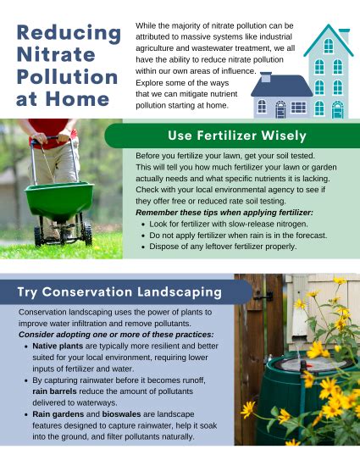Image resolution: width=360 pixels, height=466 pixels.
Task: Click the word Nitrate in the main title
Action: [x=56, y=54]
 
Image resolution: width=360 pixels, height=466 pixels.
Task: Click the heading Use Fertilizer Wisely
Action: [x=236, y=136]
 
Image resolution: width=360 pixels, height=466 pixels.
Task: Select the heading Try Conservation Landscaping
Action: [x=119, y=292]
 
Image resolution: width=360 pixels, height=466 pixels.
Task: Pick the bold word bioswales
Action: [x=125, y=414]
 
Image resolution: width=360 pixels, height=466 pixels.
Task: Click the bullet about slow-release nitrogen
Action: [x=228, y=223]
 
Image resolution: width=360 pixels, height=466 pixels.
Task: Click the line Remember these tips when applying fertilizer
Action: [x=219, y=212]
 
